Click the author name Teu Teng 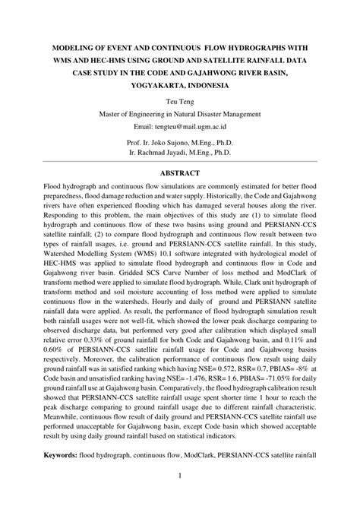coord(180,100)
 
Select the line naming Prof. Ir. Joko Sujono coord(180,141)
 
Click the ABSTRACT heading coord(180,172)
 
